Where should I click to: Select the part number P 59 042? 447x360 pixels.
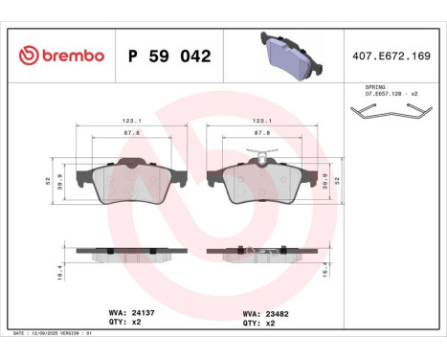coord(169,56)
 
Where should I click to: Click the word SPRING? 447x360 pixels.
coord(375,87)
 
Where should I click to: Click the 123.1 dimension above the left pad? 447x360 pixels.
coord(128,121)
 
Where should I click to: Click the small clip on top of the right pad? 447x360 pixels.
coord(256,154)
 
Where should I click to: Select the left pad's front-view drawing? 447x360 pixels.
coord(128,181)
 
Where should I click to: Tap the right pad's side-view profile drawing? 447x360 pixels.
coord(256,254)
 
